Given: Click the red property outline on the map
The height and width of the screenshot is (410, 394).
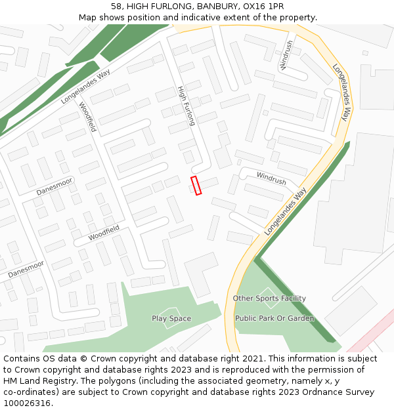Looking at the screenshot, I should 196,186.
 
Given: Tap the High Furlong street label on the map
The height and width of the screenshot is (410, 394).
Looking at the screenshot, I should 186,106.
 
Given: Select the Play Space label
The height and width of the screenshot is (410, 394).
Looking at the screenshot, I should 171,319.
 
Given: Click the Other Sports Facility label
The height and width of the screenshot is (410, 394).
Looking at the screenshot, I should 269,298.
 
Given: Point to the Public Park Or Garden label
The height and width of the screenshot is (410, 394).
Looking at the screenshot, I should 274,319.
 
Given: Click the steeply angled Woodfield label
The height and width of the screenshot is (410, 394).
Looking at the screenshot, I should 87,117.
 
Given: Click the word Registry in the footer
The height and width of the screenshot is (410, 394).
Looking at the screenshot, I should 53,381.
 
